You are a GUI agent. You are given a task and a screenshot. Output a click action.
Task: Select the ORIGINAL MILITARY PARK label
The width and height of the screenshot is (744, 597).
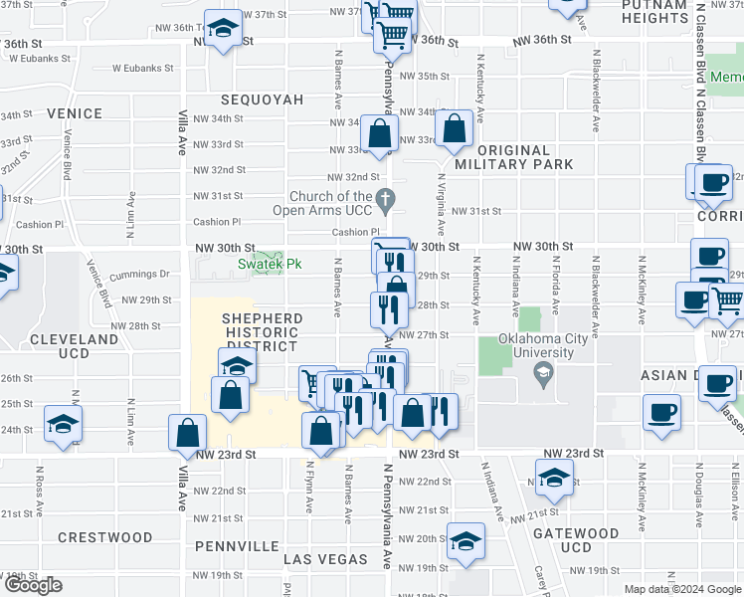(514, 156)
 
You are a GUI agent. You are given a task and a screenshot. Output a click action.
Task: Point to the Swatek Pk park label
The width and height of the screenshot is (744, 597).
(269, 265)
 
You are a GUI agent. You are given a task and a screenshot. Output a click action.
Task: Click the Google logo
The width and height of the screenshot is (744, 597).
(33, 585)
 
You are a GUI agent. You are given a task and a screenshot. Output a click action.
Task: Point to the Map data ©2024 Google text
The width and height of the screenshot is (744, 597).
(681, 589)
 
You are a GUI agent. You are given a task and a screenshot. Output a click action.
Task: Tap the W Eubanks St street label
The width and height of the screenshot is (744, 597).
(142, 70)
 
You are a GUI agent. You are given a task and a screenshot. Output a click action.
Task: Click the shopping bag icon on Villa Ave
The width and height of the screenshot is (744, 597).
(187, 432)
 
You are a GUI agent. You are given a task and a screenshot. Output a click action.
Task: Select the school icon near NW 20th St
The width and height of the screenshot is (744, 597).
(465, 540)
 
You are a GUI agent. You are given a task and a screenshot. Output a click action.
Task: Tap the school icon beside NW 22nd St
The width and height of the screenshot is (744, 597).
(554, 478)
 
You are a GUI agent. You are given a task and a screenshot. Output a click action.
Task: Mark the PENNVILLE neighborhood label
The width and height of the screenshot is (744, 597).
(237, 546)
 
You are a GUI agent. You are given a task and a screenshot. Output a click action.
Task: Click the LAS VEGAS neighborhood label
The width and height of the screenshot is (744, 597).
(325, 560)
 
